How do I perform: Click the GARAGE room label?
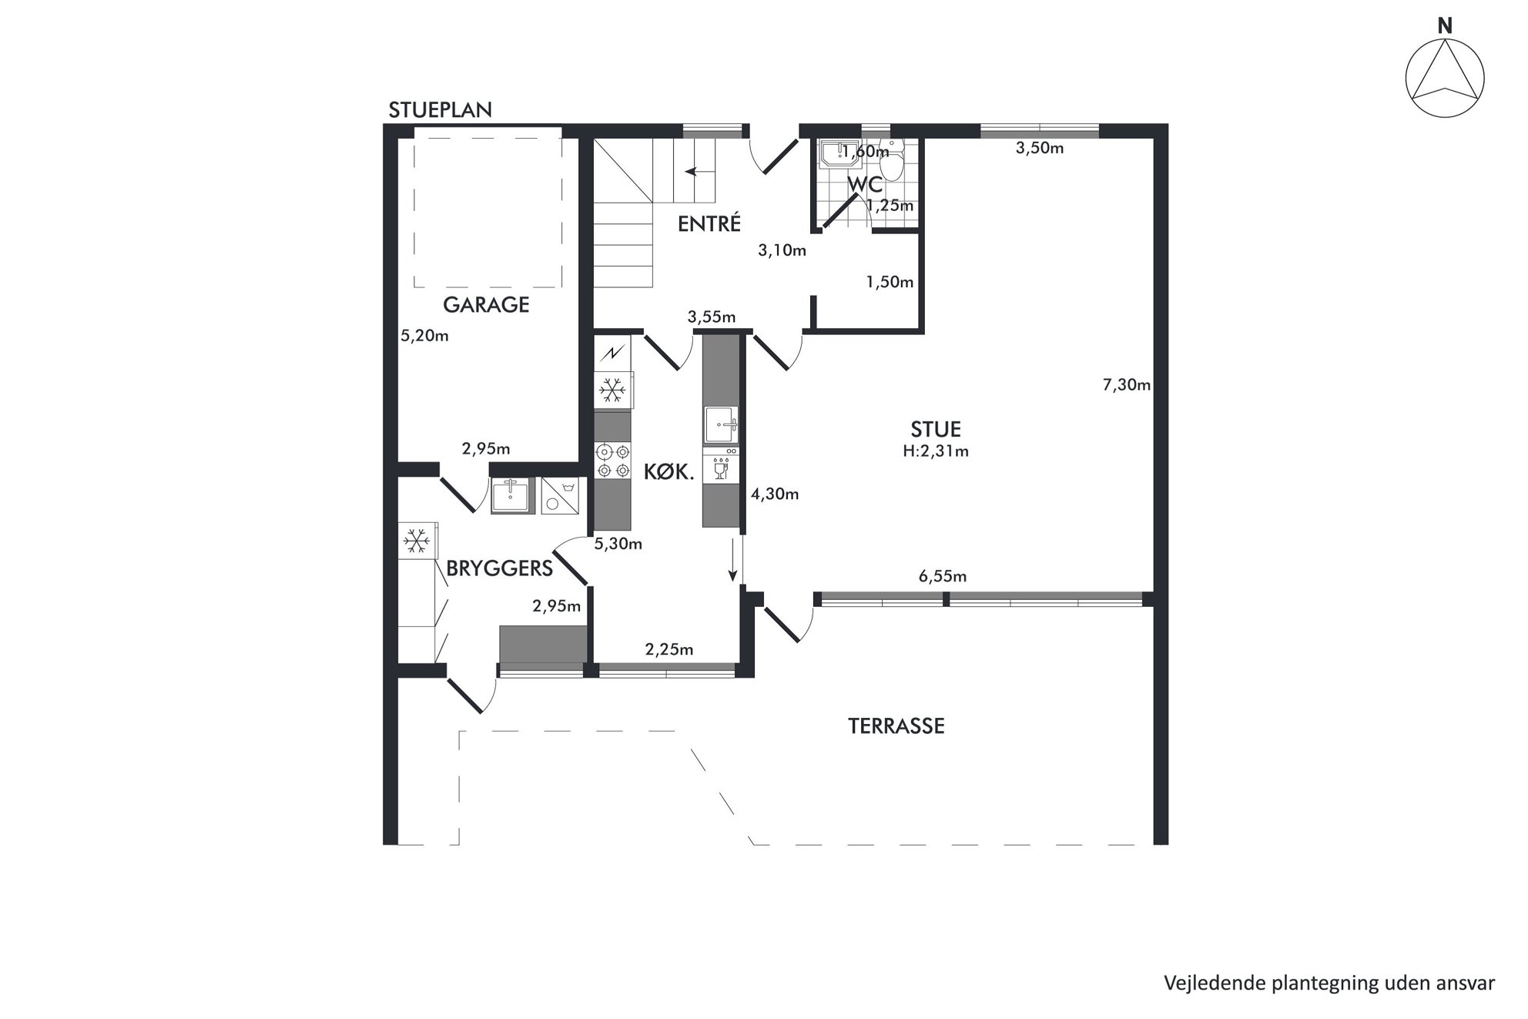[486, 305]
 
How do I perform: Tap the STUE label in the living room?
[936, 429]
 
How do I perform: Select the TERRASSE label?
[896, 726]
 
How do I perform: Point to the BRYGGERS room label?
[500, 568]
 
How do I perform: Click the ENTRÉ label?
[709, 223]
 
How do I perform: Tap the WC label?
[865, 186]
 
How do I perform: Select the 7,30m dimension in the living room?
[1127, 385]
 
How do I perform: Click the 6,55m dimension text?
[943, 576]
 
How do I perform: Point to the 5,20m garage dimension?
[424, 336]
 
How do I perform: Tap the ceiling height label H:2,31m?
[936, 451]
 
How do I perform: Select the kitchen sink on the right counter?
[721, 425]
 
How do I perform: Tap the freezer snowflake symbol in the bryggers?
[417, 541]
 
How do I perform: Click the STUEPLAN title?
[440, 110]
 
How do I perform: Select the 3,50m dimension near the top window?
[1040, 149]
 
